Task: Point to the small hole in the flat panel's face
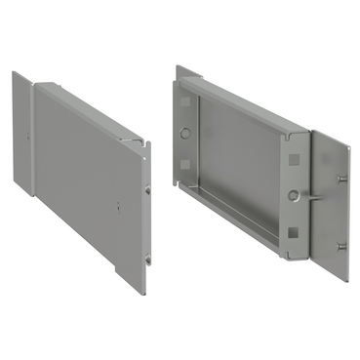click(x=118, y=207)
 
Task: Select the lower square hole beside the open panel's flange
click(x=293, y=232)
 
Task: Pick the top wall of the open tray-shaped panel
click(x=244, y=101)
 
